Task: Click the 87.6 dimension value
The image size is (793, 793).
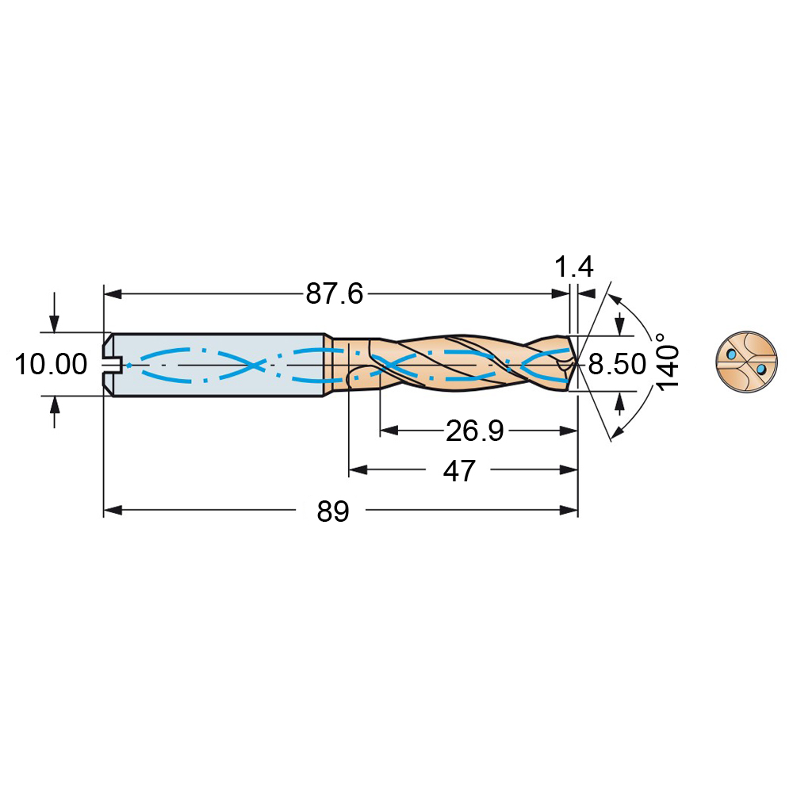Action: pyautogui.click(x=335, y=294)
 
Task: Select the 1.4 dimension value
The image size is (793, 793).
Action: pyautogui.click(x=574, y=266)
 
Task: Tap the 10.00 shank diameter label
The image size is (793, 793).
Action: pyautogui.click(x=51, y=364)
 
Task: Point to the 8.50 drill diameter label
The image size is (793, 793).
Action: pyautogui.click(x=617, y=364)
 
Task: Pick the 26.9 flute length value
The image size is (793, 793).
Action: pyautogui.click(x=474, y=431)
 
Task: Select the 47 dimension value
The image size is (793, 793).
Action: pyautogui.click(x=459, y=471)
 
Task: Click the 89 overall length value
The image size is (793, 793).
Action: pyautogui.click(x=333, y=511)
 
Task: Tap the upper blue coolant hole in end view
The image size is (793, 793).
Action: pyautogui.click(x=731, y=354)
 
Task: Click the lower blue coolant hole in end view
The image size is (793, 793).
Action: pyautogui.click(x=761, y=370)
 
